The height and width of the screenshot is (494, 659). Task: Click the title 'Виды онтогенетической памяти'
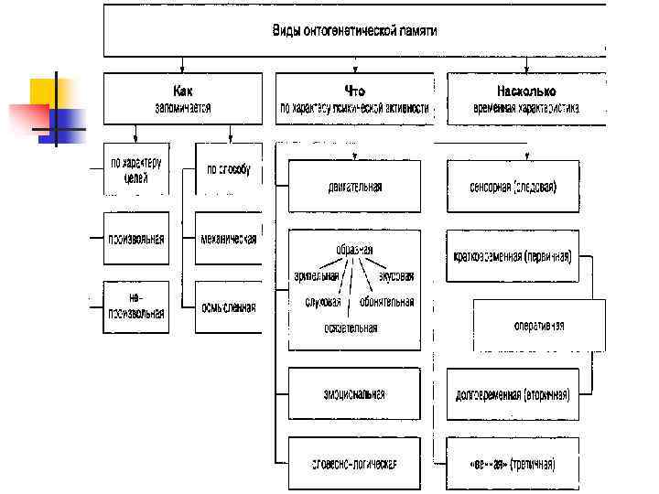coord(354,31)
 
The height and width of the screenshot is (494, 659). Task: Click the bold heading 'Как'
coord(182,91)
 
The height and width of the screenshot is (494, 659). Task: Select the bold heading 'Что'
coord(354,91)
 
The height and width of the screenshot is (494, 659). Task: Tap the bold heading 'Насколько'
coord(525,91)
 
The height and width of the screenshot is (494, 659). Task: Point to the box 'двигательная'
coord(354,187)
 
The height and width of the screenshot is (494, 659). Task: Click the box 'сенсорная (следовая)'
coord(513,187)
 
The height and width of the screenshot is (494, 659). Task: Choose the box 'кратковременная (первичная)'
coord(513,255)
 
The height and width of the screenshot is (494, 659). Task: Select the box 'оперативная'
coord(538,326)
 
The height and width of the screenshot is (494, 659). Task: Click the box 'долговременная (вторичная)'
coord(513,395)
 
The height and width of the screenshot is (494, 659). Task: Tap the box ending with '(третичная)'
coord(513,463)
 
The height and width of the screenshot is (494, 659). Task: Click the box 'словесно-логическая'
coord(354,463)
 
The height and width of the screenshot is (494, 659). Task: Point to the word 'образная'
coord(354,249)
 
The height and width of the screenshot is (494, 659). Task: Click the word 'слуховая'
coord(323,302)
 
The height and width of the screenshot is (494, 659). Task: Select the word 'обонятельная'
coord(386,302)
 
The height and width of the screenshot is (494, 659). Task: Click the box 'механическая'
coord(228,239)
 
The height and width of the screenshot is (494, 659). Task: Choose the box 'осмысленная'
coord(228,307)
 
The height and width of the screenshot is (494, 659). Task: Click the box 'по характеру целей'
coord(136,169)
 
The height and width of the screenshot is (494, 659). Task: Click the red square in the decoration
coord(28,116)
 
